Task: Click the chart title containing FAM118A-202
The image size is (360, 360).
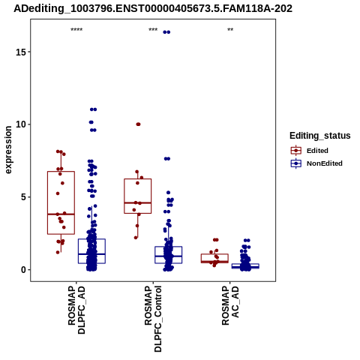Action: (153, 8)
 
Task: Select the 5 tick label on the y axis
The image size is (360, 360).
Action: (22, 197)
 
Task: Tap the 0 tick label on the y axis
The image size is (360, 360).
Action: (22, 270)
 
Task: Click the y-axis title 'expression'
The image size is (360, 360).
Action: (8, 150)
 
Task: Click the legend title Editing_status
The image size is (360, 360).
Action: (320, 136)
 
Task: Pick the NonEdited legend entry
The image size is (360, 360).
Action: (316, 163)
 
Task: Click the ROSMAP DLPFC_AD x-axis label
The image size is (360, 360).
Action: (76, 310)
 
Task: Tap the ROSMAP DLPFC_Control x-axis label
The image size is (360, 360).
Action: (153, 319)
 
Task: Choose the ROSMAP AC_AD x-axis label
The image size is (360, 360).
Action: (230, 305)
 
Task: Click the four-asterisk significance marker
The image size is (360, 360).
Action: (76, 30)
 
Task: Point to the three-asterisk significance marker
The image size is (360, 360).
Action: (153, 30)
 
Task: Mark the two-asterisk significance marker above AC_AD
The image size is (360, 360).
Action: (230, 30)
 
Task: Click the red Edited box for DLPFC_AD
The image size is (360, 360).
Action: (61, 172)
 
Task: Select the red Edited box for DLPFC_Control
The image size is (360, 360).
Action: (138, 179)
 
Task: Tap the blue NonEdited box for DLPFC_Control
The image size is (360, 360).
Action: (168, 247)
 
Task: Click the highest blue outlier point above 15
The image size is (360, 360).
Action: (166, 32)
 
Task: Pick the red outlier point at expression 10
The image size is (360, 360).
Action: (138, 124)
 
